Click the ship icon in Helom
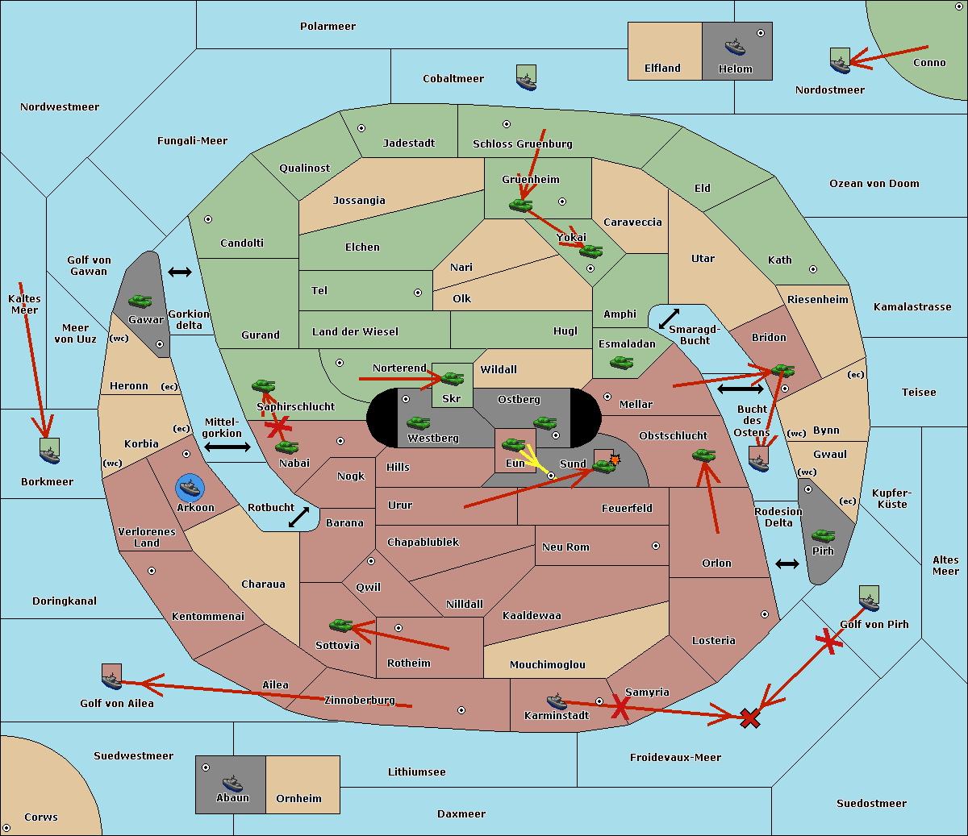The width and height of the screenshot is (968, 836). coord(735,47)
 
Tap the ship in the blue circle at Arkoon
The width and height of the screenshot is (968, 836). coord(190,487)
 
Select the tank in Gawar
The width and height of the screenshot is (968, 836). coord(140,302)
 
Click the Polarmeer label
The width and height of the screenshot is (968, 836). coord(328,27)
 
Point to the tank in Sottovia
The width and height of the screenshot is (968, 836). coord(341,625)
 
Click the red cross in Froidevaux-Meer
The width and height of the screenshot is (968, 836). coord(750,717)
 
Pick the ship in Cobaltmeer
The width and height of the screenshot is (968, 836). coord(526,78)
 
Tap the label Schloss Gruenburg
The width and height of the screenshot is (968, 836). coord(522,144)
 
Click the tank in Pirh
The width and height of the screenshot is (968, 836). coord(823,535)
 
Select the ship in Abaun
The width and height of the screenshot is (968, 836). coord(232,783)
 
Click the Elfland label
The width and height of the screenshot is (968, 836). coord(662,69)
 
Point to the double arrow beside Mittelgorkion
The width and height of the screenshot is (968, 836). coord(227,447)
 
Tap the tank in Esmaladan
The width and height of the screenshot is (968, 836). coord(621,363)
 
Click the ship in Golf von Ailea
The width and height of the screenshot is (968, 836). coord(111,678)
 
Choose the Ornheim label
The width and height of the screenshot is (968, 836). coord(298,799)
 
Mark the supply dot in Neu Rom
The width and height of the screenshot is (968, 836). coord(656,546)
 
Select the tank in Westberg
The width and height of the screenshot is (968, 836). coord(418,423)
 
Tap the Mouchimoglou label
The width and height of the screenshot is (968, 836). coord(547,665)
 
